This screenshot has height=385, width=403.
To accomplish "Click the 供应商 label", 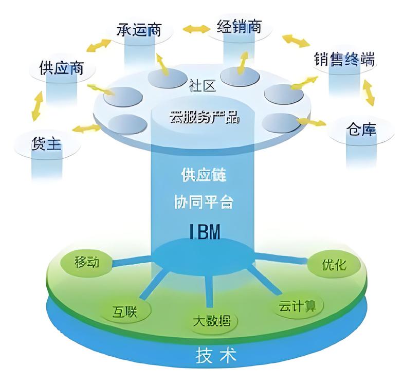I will click(x=61, y=68).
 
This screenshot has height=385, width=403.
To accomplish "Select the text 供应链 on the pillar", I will click(x=204, y=174).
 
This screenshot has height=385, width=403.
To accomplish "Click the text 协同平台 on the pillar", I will click(x=204, y=201).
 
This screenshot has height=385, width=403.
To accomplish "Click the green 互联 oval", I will click(x=124, y=310).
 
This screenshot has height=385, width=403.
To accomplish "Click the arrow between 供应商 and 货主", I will click(x=36, y=106).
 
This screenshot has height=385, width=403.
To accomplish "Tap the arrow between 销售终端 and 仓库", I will click(x=369, y=93).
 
